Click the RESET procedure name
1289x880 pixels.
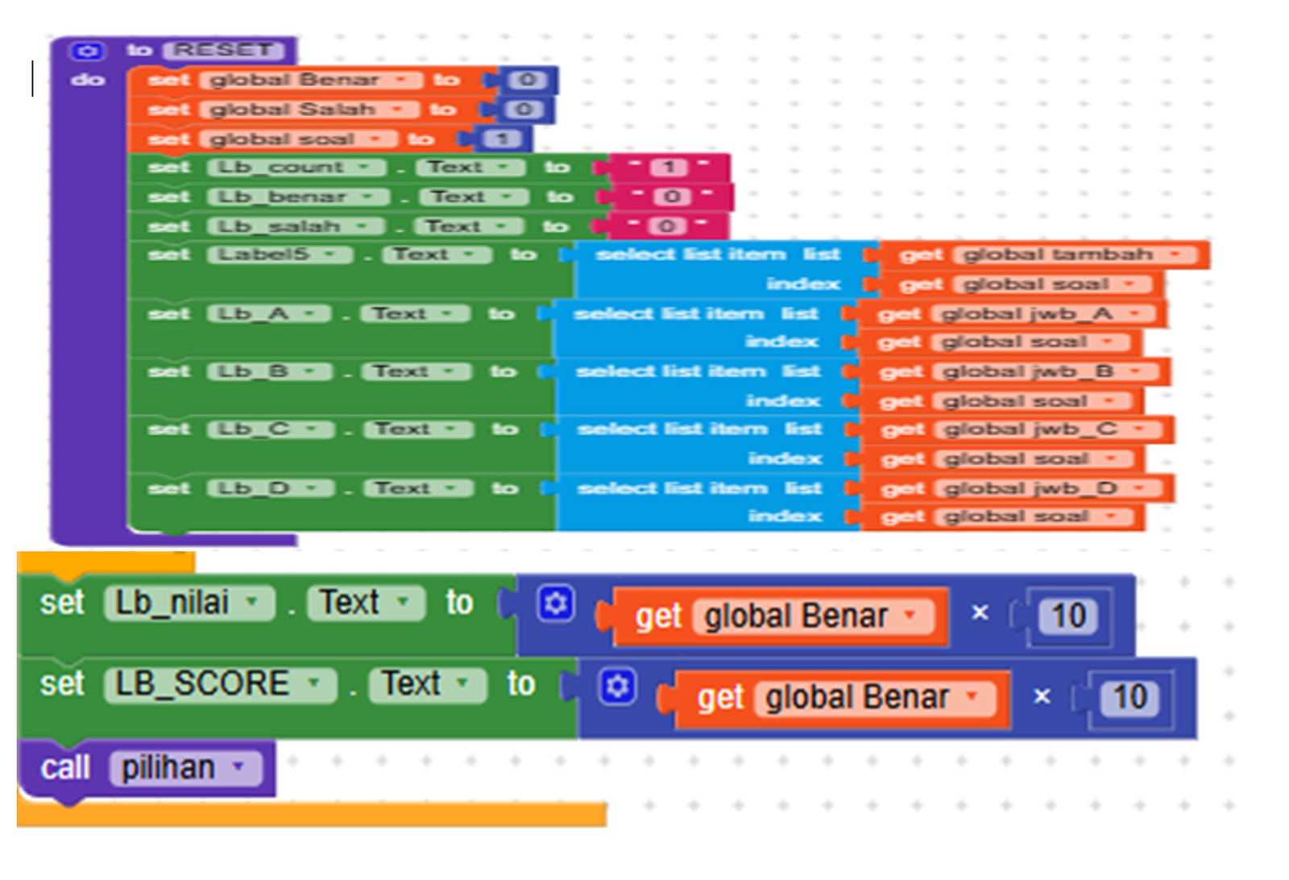click(x=224, y=50)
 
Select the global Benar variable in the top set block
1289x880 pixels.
click(x=310, y=80)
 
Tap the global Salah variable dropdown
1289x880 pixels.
click(x=308, y=110)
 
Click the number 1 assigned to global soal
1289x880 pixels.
click(x=502, y=139)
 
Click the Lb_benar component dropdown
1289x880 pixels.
click(x=297, y=197)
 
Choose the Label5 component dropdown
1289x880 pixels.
click(x=279, y=255)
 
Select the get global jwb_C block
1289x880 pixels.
click(x=1016, y=430)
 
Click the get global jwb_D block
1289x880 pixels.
click(x=1016, y=488)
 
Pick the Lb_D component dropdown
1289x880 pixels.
click(x=269, y=488)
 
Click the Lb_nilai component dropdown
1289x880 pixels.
click(x=189, y=603)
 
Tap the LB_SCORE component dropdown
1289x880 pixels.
click(x=219, y=684)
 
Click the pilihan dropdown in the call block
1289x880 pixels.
click(x=184, y=768)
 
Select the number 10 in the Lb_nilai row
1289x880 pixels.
click(x=1068, y=616)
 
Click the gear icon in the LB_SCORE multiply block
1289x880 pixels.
click(x=617, y=686)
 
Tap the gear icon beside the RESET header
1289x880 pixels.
click(x=87, y=51)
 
